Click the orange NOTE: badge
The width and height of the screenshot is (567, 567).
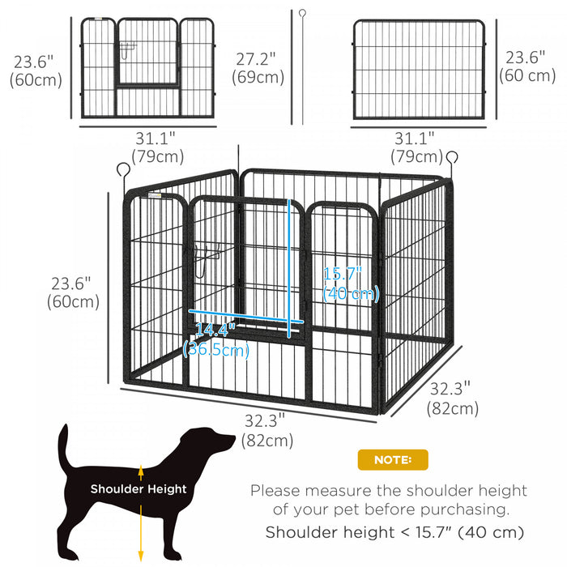click(393, 460)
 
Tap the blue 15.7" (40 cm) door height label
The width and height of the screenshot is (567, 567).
click(351, 283)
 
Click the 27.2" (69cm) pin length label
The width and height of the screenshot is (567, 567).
click(258, 68)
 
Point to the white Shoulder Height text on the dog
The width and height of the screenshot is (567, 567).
click(139, 489)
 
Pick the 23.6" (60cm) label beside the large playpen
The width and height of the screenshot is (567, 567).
click(75, 292)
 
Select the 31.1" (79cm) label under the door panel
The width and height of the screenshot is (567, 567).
click(160, 147)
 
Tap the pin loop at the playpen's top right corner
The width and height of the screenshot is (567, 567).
click(451, 157)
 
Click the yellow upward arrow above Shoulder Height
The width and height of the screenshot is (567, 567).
click(141, 472)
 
